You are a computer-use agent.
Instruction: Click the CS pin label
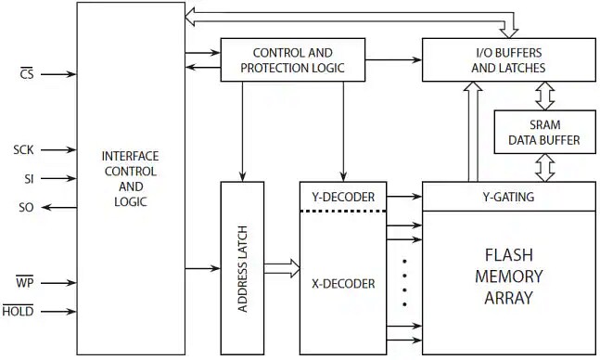click(27, 74)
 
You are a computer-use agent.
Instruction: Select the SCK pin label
click(24, 148)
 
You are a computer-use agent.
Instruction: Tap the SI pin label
click(29, 177)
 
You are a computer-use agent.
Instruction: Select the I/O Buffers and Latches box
click(508, 60)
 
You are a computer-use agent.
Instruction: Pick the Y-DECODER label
click(338, 197)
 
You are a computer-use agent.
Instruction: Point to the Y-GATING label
click(509, 196)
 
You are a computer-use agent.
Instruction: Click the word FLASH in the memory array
click(509, 255)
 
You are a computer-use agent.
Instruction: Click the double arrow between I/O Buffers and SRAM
click(544, 96)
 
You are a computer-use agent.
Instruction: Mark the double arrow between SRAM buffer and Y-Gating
click(544, 167)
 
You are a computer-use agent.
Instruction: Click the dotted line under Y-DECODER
click(338, 211)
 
